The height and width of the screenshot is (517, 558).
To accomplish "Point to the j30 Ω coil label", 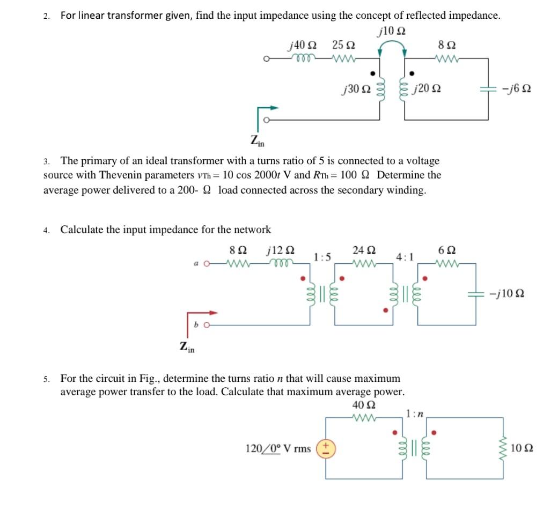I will point(356,88).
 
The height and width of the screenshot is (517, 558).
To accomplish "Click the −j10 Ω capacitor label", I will point(506,294).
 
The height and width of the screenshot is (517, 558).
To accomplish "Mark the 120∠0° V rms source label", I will point(277,448).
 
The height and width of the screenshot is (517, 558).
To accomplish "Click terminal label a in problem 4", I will point(196,263).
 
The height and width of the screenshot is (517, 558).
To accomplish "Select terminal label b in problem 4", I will point(196,324).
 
